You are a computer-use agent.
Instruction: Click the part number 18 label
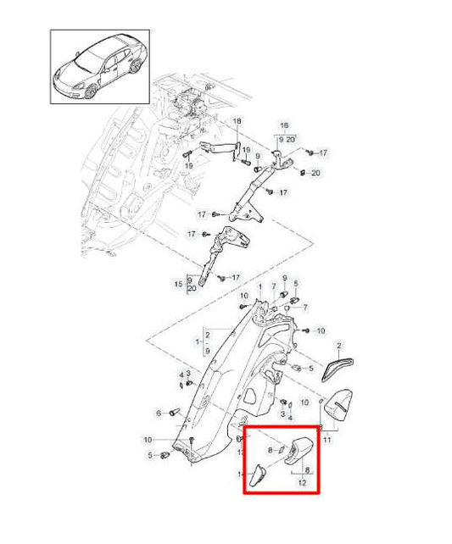(x=237, y=121)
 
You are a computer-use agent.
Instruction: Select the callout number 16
(x=284, y=125)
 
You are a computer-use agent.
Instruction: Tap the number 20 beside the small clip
(x=316, y=173)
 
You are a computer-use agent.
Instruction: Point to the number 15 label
(x=178, y=283)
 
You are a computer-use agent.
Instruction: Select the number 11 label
(x=327, y=440)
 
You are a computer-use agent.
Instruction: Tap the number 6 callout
(x=157, y=413)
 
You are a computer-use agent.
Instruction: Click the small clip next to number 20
(x=303, y=172)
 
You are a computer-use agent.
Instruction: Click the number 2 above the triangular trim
(x=338, y=346)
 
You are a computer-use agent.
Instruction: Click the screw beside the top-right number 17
(x=310, y=152)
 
